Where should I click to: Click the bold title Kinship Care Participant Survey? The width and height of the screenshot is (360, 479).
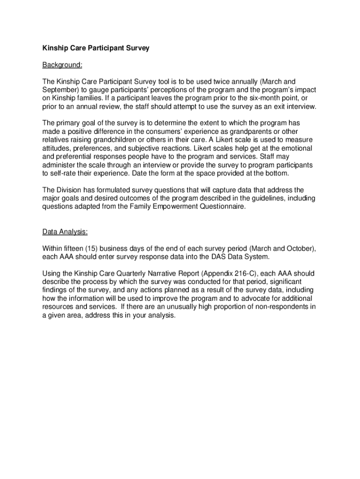click(x=96, y=48)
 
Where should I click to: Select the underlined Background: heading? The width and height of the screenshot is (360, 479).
click(x=62, y=65)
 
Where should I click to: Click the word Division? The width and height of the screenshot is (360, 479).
click(x=71, y=190)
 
